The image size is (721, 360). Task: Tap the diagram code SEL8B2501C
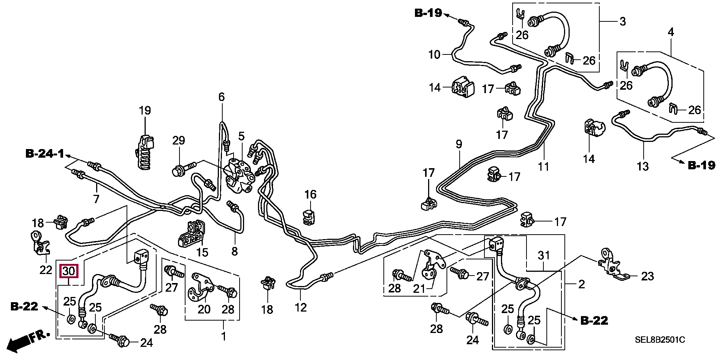tap(660, 340)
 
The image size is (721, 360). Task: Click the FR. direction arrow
tap(29, 340)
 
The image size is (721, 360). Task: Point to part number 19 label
tap(145, 111)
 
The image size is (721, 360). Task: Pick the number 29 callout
tap(179, 141)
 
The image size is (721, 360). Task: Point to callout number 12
tap(300, 308)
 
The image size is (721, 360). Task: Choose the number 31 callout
tap(544, 256)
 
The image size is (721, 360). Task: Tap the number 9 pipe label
tap(459, 144)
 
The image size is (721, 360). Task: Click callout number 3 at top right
tap(623, 21)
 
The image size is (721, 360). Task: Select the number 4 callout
tap(671, 32)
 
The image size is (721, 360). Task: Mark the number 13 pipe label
tap(643, 166)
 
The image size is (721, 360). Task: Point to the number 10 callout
tap(434, 55)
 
